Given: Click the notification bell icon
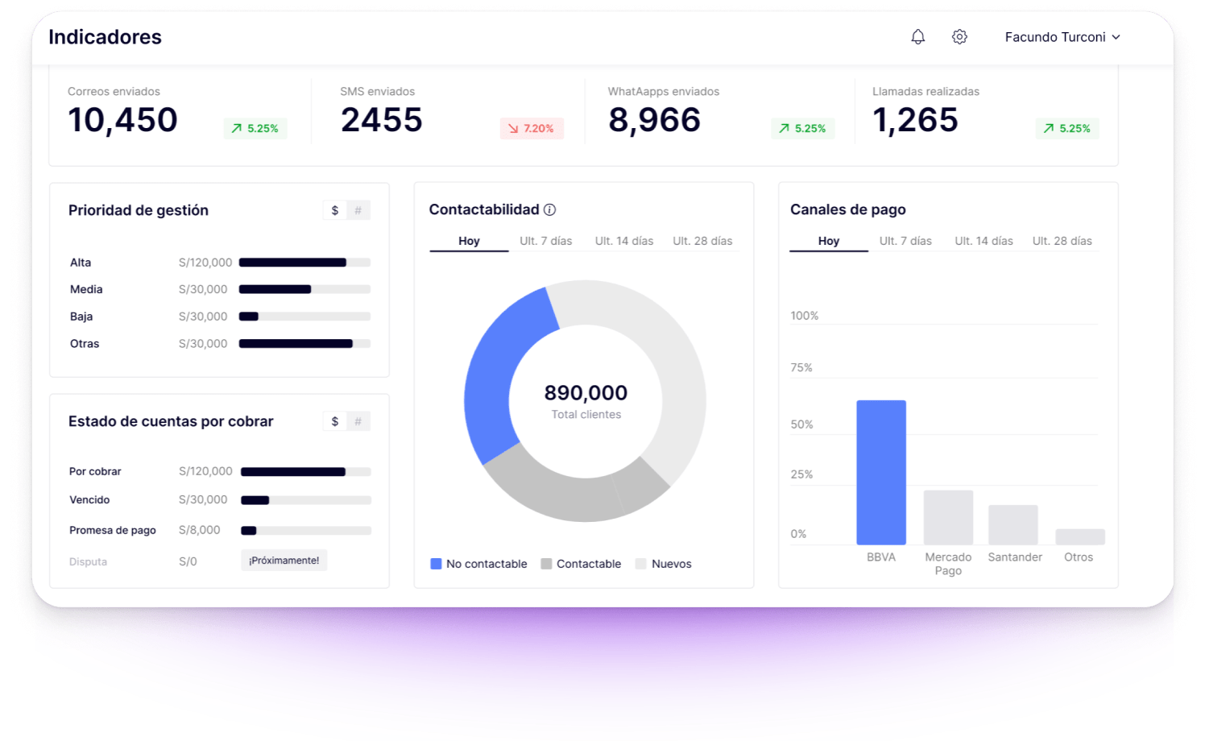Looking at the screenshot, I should click(917, 37).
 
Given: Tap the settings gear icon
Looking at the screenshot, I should click(959, 37).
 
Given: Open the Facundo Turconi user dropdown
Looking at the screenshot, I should click(1062, 37).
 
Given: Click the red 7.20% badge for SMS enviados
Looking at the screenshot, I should click(532, 129).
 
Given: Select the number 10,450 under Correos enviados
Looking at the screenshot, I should click(122, 120).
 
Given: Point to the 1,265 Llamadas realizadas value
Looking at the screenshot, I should click(915, 120).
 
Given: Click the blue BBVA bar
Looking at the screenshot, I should click(880, 472).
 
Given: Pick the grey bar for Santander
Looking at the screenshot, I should click(1012, 524).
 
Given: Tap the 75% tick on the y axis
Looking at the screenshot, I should click(801, 368).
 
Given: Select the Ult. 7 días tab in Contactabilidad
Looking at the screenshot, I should click(545, 241).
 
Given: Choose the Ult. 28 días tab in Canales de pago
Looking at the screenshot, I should click(1062, 241).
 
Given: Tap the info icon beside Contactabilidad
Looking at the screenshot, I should click(549, 210).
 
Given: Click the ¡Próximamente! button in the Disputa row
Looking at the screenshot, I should click(284, 561).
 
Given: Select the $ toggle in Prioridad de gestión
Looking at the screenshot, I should click(335, 210).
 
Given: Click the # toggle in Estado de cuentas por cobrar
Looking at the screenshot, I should click(358, 421).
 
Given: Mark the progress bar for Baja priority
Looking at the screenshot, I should click(304, 317).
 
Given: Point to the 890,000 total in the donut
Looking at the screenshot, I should click(586, 393).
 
